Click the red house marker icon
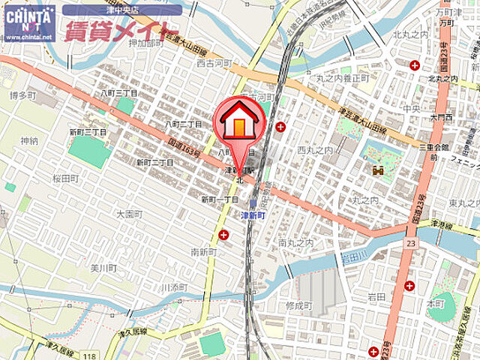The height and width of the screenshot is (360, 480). click(240, 120)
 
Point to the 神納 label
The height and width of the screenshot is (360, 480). click(29, 140)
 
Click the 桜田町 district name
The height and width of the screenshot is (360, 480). click(65, 178)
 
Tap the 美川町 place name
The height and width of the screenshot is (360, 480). click(103, 268)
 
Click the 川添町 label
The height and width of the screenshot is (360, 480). click(174, 287)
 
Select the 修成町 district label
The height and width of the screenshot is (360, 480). click(298, 305)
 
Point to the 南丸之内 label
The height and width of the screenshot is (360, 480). click(294, 242)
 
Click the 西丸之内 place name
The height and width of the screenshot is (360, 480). click(314, 150)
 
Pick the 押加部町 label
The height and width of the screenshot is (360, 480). click(145, 43)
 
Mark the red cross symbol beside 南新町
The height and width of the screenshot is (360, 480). click(223, 235)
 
